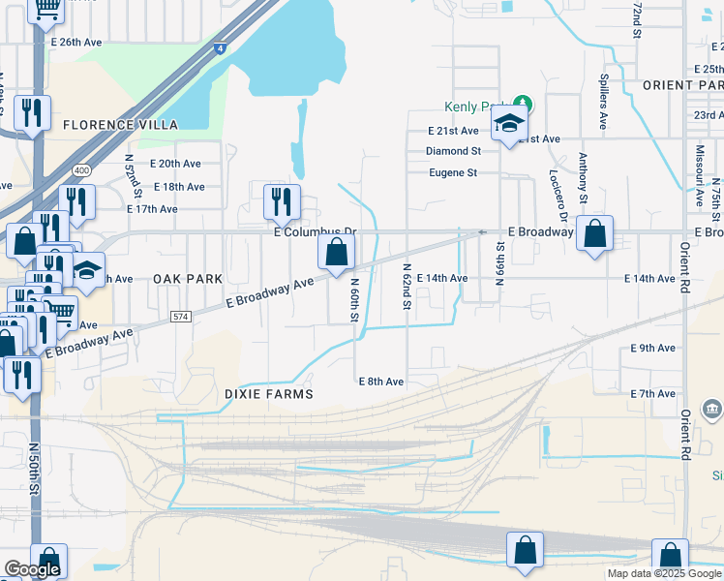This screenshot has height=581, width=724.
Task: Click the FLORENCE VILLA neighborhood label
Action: (x=121, y=125)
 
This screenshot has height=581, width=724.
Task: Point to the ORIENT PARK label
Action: (x=682, y=85)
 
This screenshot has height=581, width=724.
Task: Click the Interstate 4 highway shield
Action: (x=222, y=46)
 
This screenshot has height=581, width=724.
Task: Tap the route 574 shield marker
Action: (x=180, y=316)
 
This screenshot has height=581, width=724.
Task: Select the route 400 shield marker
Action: (x=81, y=170)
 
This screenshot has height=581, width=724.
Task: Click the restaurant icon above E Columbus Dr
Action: (x=282, y=200)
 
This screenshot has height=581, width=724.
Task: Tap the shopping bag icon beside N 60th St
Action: (x=336, y=253)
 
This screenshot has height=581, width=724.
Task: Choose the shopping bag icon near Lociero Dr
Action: (x=595, y=233)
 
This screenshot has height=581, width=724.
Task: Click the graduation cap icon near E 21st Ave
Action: (x=508, y=124)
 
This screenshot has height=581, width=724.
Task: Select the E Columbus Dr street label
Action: (x=315, y=233)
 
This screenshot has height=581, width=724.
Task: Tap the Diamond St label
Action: (x=453, y=151)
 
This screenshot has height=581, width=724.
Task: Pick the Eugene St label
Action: (x=453, y=173)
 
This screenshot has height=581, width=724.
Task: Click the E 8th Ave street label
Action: (x=380, y=382)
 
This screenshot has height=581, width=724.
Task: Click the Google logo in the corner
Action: (x=32, y=569)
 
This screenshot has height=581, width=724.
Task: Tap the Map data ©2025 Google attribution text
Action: (x=663, y=573)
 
